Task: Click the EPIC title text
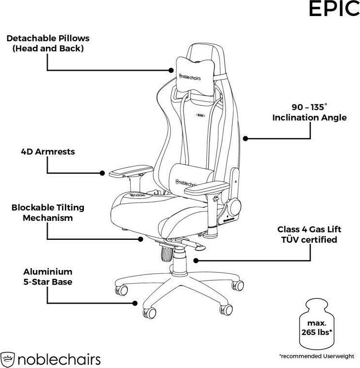[x=334, y=8]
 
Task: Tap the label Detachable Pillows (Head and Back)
[x=48, y=43]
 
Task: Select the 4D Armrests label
[x=48, y=152]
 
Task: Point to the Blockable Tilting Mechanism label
[x=48, y=213]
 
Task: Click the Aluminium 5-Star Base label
[x=48, y=277]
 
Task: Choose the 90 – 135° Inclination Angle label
[x=309, y=113]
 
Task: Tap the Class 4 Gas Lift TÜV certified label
[x=309, y=234]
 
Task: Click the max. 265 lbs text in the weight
[x=317, y=328]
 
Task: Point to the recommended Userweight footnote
[x=317, y=356]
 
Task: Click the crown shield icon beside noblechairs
[x=7, y=360]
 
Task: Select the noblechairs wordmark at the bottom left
[x=59, y=360]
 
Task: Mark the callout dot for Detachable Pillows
[x=171, y=70]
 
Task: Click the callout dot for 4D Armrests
[x=102, y=173]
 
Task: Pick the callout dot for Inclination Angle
[x=245, y=138]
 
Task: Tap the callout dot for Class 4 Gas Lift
[x=196, y=260]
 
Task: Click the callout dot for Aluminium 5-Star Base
[x=135, y=303]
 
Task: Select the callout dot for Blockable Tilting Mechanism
[x=140, y=239]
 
